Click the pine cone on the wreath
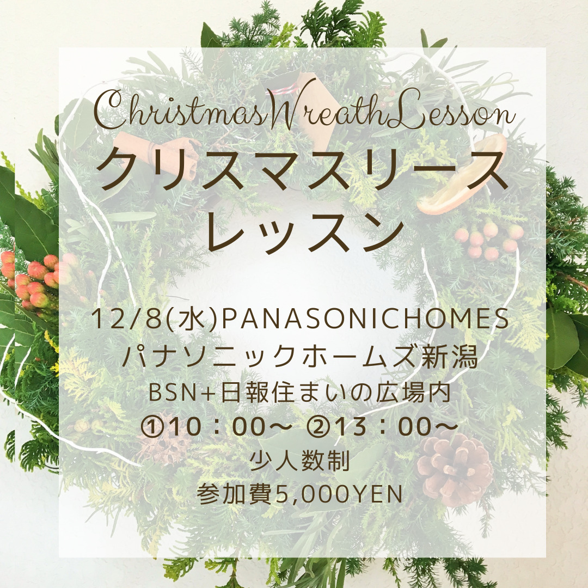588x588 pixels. pos(455,467)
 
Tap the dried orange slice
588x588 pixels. pos(462,175)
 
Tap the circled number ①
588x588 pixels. pos(152,426)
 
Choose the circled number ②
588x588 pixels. pos(318,426)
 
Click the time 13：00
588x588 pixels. pos(382,427)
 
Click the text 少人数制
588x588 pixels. pos(299,461)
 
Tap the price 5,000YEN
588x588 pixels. pos(339,495)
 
